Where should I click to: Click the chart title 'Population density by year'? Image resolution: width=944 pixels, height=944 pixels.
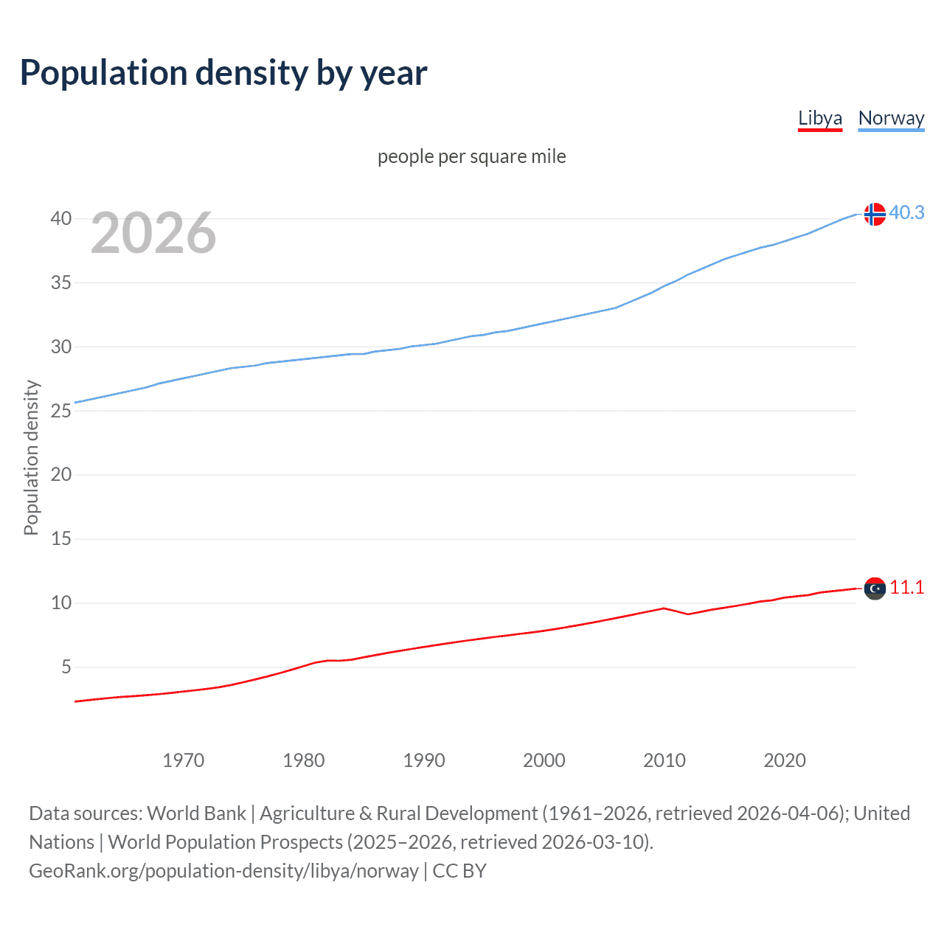click(x=223, y=73)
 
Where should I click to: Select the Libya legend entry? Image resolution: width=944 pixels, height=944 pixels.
click(x=819, y=118)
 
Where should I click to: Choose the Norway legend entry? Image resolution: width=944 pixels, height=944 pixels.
click(x=891, y=118)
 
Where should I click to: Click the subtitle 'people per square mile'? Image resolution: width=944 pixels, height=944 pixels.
click(x=471, y=156)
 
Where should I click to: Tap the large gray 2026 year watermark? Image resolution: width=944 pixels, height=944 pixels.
click(x=153, y=233)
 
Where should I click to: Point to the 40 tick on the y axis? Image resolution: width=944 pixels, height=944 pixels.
click(x=60, y=218)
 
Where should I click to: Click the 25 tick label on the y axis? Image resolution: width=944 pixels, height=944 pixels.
click(x=60, y=411)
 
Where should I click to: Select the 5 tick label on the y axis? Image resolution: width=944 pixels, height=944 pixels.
click(x=66, y=667)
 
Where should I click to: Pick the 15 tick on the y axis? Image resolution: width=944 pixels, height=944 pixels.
click(x=60, y=539)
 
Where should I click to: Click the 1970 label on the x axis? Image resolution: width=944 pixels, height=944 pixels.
click(x=183, y=760)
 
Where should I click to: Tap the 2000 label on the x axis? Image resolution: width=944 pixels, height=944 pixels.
click(x=544, y=760)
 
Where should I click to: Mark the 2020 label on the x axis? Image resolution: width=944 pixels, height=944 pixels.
click(x=784, y=760)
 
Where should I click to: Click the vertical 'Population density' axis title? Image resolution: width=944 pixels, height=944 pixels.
click(x=31, y=457)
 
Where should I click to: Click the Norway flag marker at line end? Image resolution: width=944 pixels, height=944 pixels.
click(x=875, y=214)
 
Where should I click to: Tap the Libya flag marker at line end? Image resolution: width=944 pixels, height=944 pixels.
click(x=875, y=589)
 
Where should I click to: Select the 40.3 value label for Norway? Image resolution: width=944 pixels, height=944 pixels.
click(x=906, y=212)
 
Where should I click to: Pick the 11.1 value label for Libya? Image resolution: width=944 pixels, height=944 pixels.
click(x=906, y=587)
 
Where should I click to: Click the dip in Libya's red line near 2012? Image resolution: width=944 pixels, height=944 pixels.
click(x=688, y=614)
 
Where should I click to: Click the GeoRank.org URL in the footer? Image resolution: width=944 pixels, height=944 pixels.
click(x=223, y=871)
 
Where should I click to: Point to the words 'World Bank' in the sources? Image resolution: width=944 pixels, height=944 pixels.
click(x=196, y=813)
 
